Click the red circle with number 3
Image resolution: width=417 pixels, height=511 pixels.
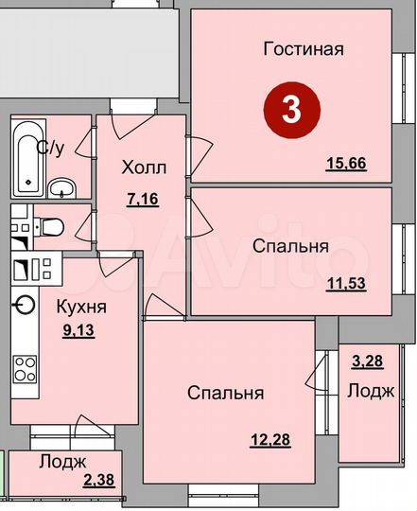coord(289,110)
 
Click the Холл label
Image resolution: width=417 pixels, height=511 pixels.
coord(144,167)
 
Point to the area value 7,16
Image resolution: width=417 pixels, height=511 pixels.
coord(144,200)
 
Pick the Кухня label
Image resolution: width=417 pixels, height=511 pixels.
coord(80,307)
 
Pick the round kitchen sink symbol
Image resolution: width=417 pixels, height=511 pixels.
coord(24,305)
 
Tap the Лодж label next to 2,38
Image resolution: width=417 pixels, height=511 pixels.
coord(63,462)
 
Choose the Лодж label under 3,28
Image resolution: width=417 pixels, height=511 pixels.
coord(370,391)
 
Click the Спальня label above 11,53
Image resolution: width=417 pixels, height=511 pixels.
coord(290,246)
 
